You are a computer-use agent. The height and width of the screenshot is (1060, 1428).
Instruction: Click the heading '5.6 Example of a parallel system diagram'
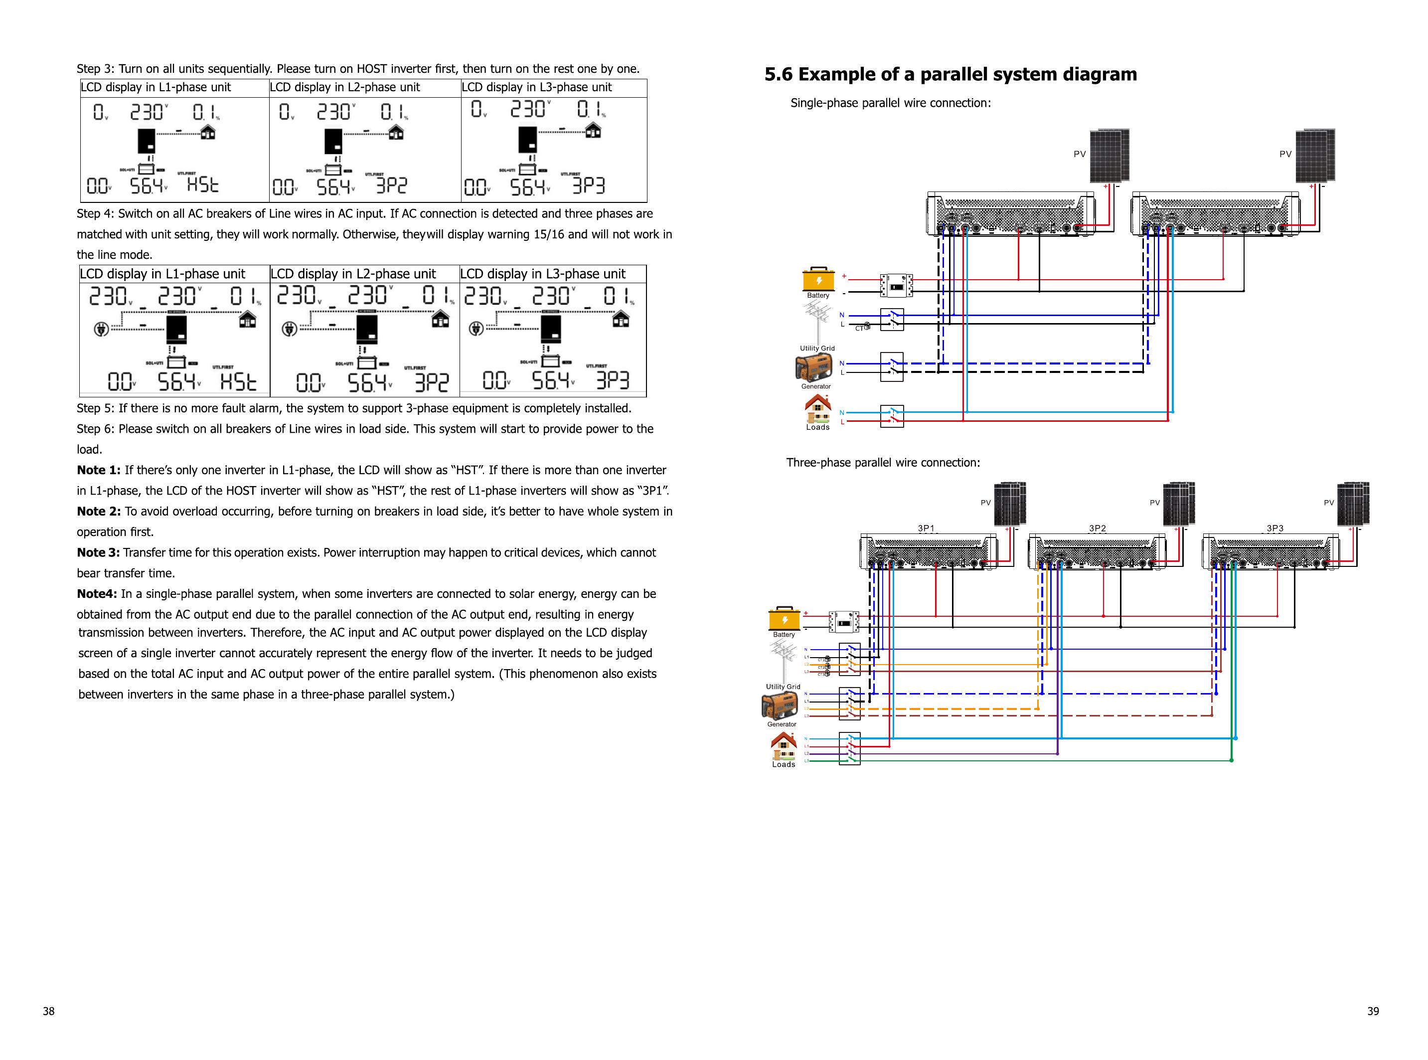[x=950, y=74]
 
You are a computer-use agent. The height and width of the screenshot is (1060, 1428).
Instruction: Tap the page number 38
[x=49, y=1011]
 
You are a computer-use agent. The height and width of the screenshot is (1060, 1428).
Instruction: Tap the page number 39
[x=1372, y=1011]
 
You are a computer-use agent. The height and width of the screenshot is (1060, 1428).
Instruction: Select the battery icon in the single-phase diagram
[x=818, y=280]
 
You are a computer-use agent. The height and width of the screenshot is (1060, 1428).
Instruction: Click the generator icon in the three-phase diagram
[x=780, y=707]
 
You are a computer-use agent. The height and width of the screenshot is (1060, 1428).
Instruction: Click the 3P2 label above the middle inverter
[x=1097, y=529]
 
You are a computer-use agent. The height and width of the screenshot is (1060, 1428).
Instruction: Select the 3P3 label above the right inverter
[x=1274, y=529]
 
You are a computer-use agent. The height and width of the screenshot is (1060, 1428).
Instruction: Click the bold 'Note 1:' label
[x=99, y=470]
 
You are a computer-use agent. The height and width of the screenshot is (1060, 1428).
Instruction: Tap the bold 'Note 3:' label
[x=98, y=552]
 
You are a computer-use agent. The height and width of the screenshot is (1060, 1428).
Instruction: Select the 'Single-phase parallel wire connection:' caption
[x=890, y=103]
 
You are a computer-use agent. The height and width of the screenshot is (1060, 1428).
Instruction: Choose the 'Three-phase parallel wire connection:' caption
[x=883, y=463]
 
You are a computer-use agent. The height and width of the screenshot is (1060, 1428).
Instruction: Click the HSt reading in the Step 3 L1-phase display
[x=203, y=185]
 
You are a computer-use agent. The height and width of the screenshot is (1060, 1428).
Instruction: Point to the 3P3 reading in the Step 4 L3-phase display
[x=613, y=380]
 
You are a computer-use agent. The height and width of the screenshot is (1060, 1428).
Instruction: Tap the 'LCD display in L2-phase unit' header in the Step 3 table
[x=344, y=87]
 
